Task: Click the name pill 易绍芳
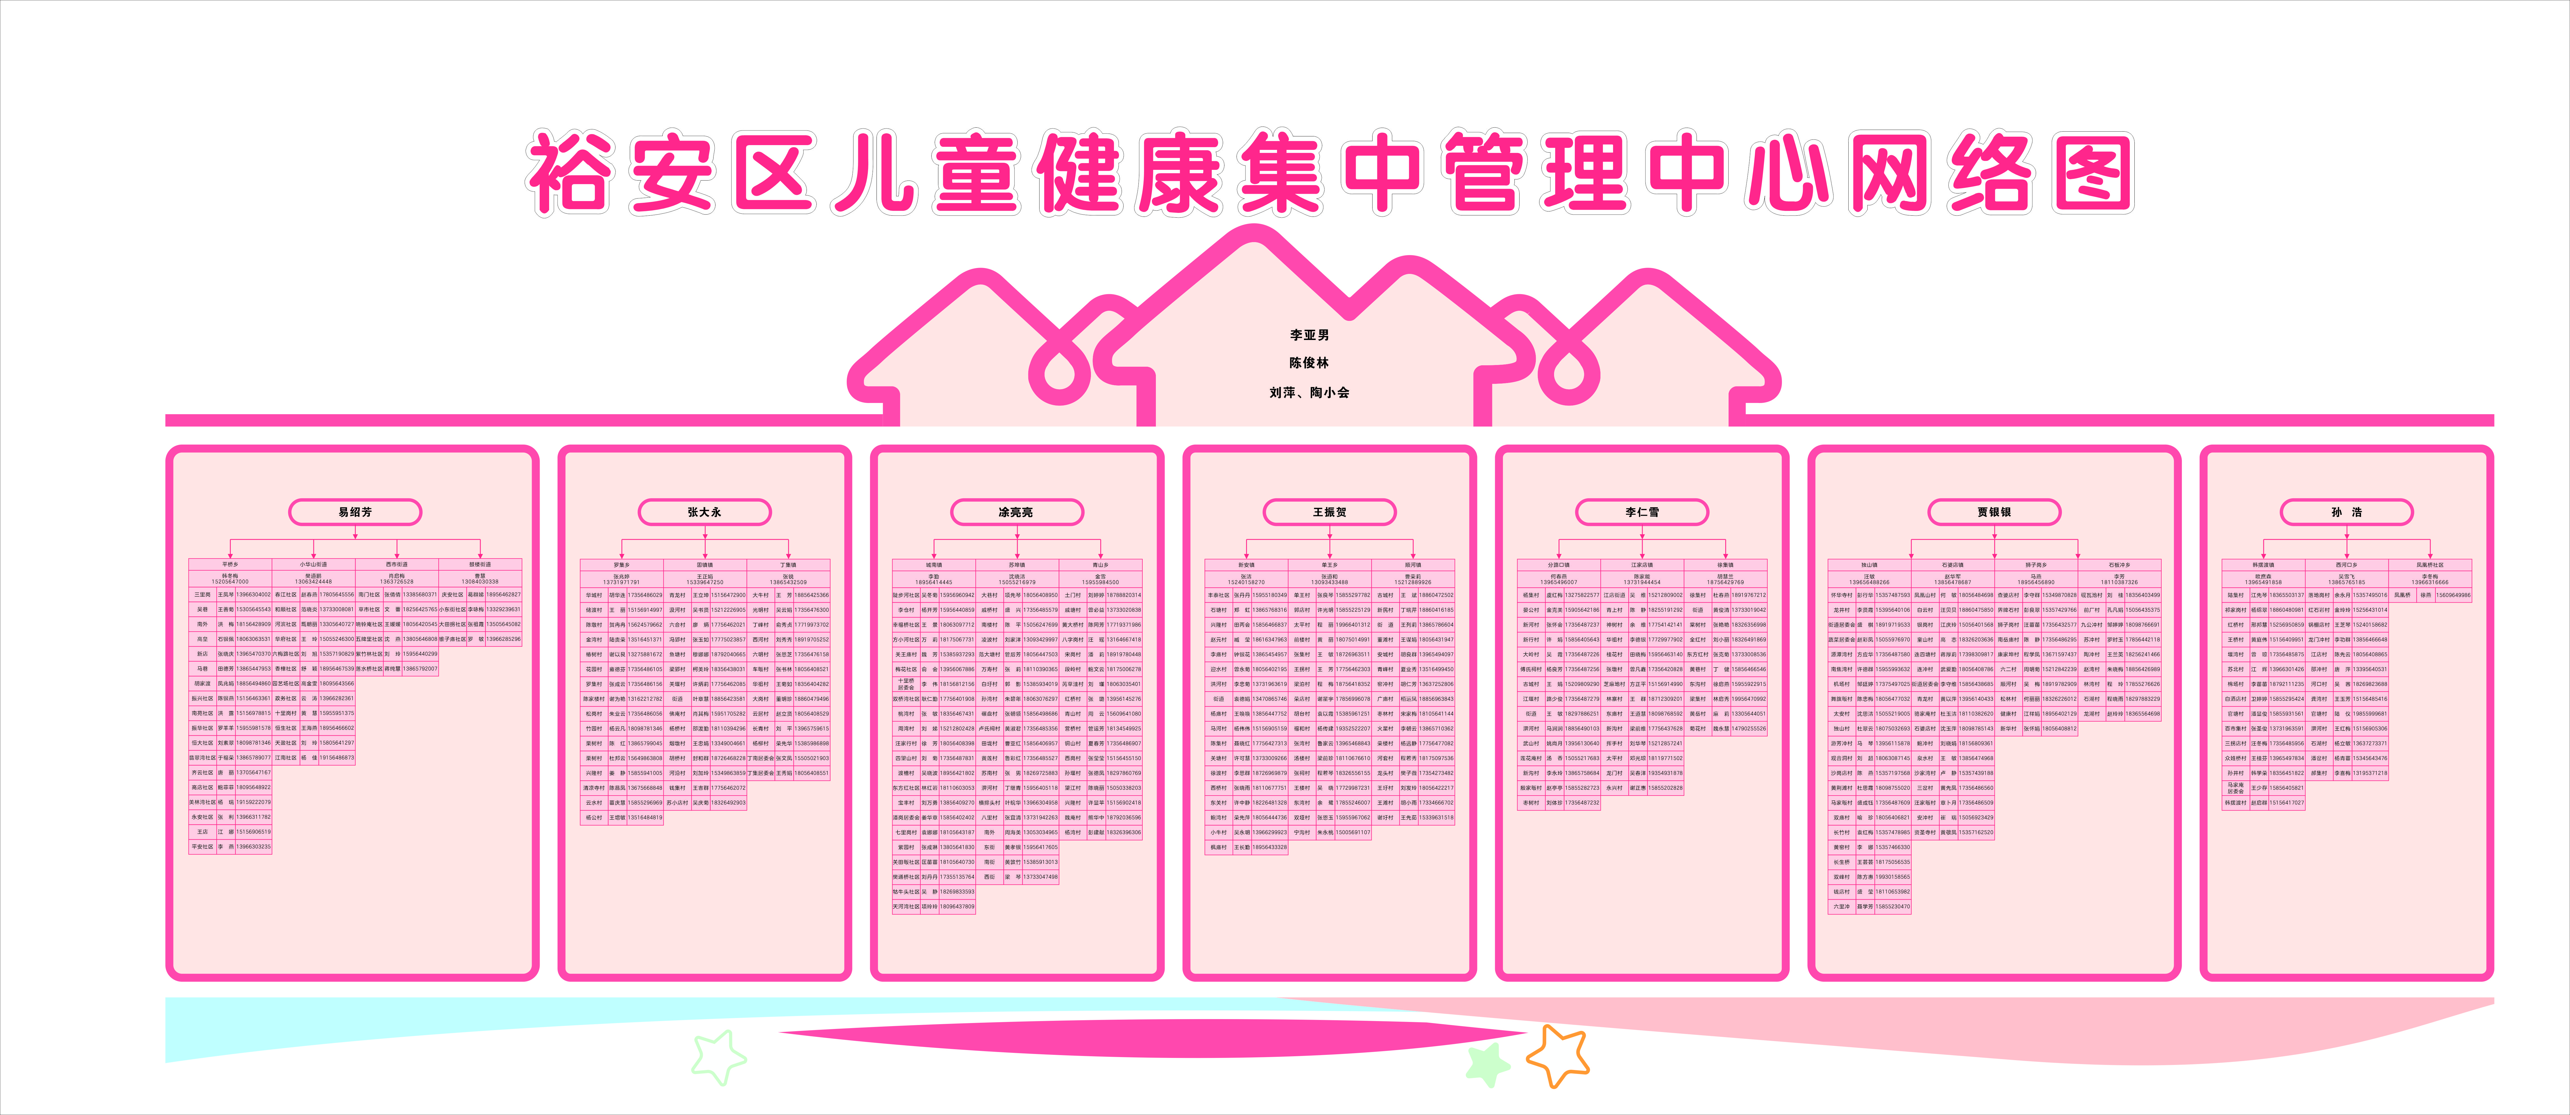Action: pyautogui.click(x=355, y=512)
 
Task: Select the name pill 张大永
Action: pyautogui.click(x=704, y=512)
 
